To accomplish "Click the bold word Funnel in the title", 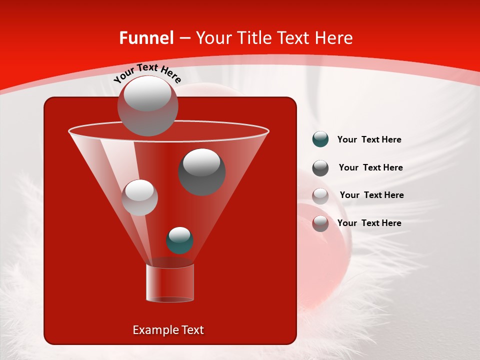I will click(x=146, y=38).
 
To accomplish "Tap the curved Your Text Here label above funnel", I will click(x=148, y=72).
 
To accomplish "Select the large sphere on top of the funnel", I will click(x=147, y=105).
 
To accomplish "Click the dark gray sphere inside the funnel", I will click(x=201, y=171).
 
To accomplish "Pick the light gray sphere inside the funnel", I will click(x=140, y=197).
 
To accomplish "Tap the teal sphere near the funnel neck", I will click(x=179, y=240).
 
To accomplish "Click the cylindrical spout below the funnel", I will click(x=169, y=283).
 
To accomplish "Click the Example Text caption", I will click(x=168, y=330).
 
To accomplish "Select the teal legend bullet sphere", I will click(x=320, y=139).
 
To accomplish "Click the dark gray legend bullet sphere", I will click(x=320, y=168).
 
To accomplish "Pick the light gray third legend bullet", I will click(x=320, y=196).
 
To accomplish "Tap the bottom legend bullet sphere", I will click(x=320, y=223).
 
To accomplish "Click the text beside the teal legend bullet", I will click(x=369, y=140).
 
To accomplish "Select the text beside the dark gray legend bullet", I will click(x=370, y=168).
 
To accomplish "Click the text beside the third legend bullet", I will click(x=371, y=195).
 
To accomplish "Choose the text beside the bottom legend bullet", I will click(x=369, y=223).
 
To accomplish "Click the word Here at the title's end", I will click(x=334, y=38).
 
